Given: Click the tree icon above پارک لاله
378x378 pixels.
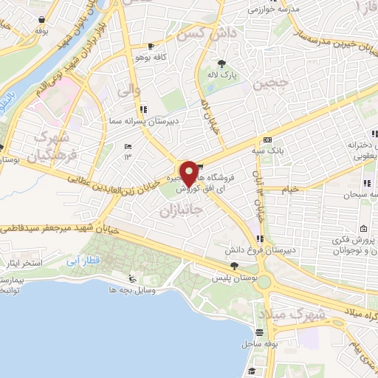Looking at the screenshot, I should pos(222,62).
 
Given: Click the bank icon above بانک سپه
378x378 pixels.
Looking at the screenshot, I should pos(267,140).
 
